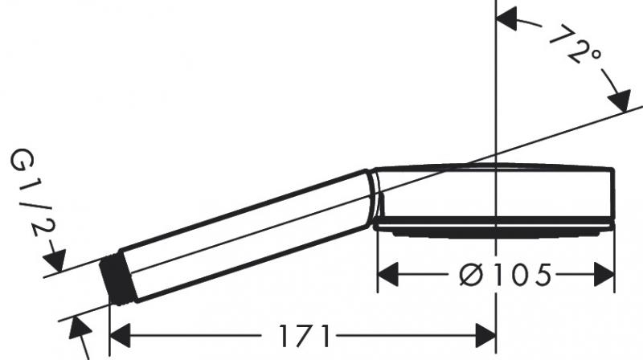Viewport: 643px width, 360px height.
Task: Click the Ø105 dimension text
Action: click(x=506, y=276)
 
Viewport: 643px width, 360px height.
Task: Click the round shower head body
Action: click(x=494, y=193)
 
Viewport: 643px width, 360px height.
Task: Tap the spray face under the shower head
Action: click(x=494, y=229)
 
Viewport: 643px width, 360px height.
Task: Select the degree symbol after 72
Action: click(x=595, y=56)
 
